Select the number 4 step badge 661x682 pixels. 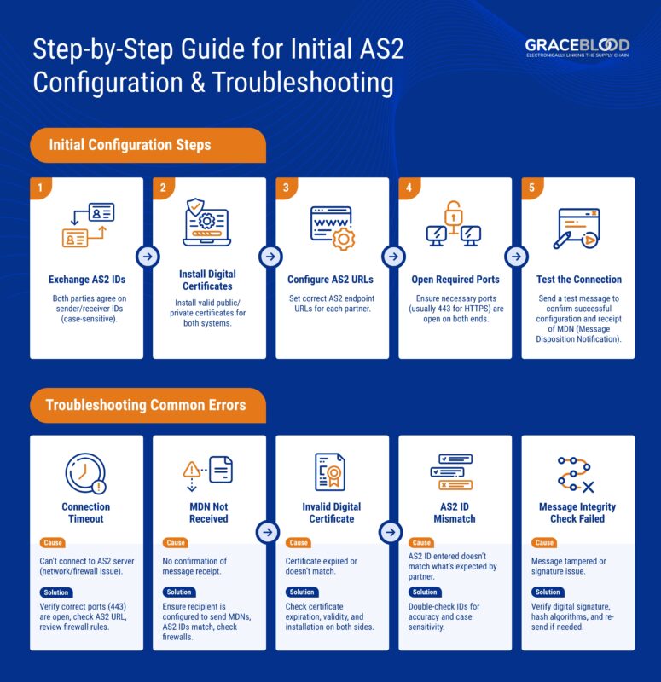click(x=409, y=188)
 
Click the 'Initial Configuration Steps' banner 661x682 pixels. click(x=130, y=145)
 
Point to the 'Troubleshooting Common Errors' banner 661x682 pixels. click(x=145, y=405)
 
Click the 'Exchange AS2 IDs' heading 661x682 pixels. click(x=86, y=280)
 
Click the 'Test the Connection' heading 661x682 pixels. click(x=578, y=280)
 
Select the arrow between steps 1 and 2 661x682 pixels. click(x=148, y=257)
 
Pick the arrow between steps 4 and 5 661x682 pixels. click(x=516, y=257)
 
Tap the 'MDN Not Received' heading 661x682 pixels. click(x=209, y=512)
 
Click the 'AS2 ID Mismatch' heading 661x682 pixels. click(x=455, y=512)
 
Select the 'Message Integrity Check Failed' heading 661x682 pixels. click(x=577, y=512)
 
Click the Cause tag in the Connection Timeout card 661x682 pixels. click(x=53, y=543)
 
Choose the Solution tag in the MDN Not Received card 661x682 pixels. click(x=179, y=592)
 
